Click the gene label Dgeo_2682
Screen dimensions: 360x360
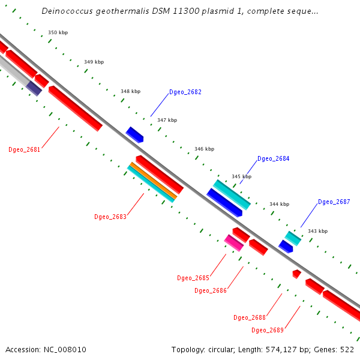tap(185, 92)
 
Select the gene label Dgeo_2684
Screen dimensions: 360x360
tap(274, 159)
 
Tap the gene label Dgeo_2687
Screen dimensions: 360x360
tap(334, 202)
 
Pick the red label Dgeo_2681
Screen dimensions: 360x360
tap(25, 150)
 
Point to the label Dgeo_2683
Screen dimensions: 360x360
tap(110, 217)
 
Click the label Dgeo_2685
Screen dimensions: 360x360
tap(193, 278)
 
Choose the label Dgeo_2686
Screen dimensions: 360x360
tap(211, 291)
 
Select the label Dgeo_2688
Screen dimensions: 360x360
tap(250, 318)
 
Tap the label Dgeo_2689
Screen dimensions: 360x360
tap(268, 331)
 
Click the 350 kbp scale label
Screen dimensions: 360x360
tap(58, 33)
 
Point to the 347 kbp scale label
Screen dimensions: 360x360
tap(167, 121)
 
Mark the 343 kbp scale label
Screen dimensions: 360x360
tap(317, 232)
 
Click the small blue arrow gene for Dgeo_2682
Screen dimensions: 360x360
tap(135, 134)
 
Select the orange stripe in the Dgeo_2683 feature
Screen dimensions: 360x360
tap(153, 181)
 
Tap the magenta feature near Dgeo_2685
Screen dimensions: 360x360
tap(233, 242)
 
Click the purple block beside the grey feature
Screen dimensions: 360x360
tap(34, 88)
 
